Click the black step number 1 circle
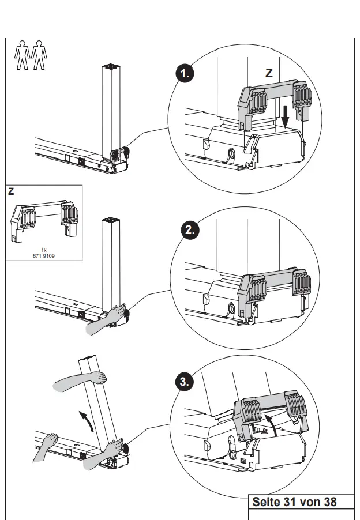(185, 74)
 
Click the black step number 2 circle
(192, 230)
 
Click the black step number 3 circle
(185, 381)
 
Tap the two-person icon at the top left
(29, 55)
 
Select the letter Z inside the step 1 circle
(268, 73)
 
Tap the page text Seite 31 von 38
(294, 502)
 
